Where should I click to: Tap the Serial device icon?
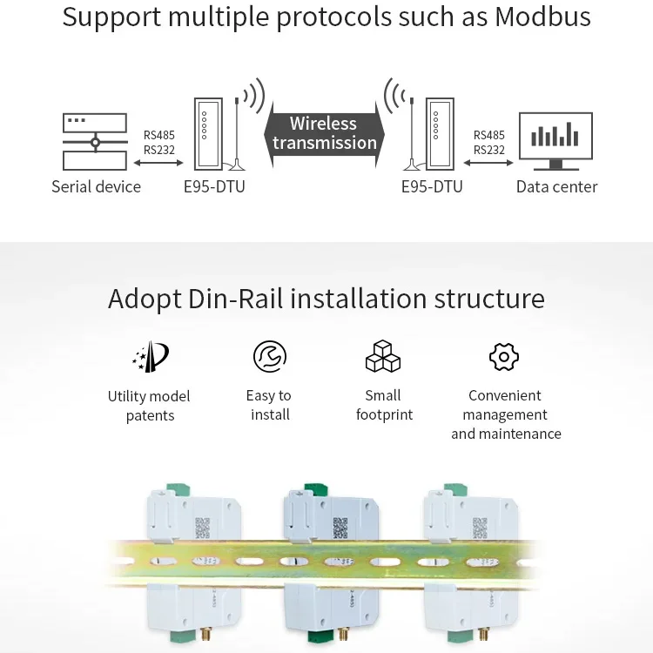[95, 142]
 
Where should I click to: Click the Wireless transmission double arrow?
[324, 133]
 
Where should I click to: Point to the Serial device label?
[96, 186]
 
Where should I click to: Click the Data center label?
[556, 186]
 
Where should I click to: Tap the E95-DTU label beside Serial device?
[214, 186]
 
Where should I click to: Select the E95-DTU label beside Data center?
[432, 186]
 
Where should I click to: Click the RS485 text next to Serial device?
[159, 135]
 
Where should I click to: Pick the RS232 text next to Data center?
[489, 150]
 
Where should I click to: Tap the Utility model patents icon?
[149, 357]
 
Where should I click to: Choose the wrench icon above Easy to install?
[270, 356]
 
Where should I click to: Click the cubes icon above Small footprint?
[383, 356]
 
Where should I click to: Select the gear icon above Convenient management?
[504, 356]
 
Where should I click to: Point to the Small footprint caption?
[384, 405]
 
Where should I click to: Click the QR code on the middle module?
[340, 528]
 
